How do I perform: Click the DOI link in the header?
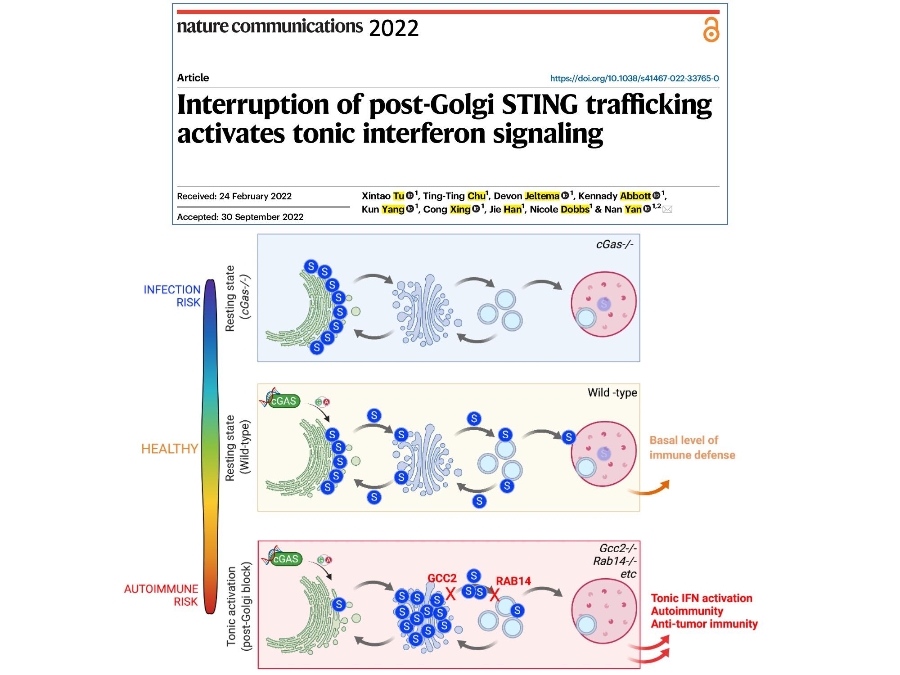coord(634,78)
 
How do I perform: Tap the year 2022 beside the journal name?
coord(394,28)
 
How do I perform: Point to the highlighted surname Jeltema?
coord(542,196)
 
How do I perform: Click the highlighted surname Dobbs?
coord(575,209)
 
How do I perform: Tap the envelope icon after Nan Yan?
coord(667,209)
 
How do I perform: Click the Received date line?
coord(234,196)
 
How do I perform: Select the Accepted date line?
coord(240,217)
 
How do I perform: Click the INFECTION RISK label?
coord(172,296)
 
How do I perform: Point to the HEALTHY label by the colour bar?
coord(170,449)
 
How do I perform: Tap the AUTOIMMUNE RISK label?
coord(161,595)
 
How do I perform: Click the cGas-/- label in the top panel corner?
coord(615,244)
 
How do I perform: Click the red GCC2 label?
coord(442,578)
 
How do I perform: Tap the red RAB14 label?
coord(513,581)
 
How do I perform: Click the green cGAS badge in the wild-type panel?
coord(283,401)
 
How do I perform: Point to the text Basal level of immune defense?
coord(692,447)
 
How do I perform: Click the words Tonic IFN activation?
coord(701,598)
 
